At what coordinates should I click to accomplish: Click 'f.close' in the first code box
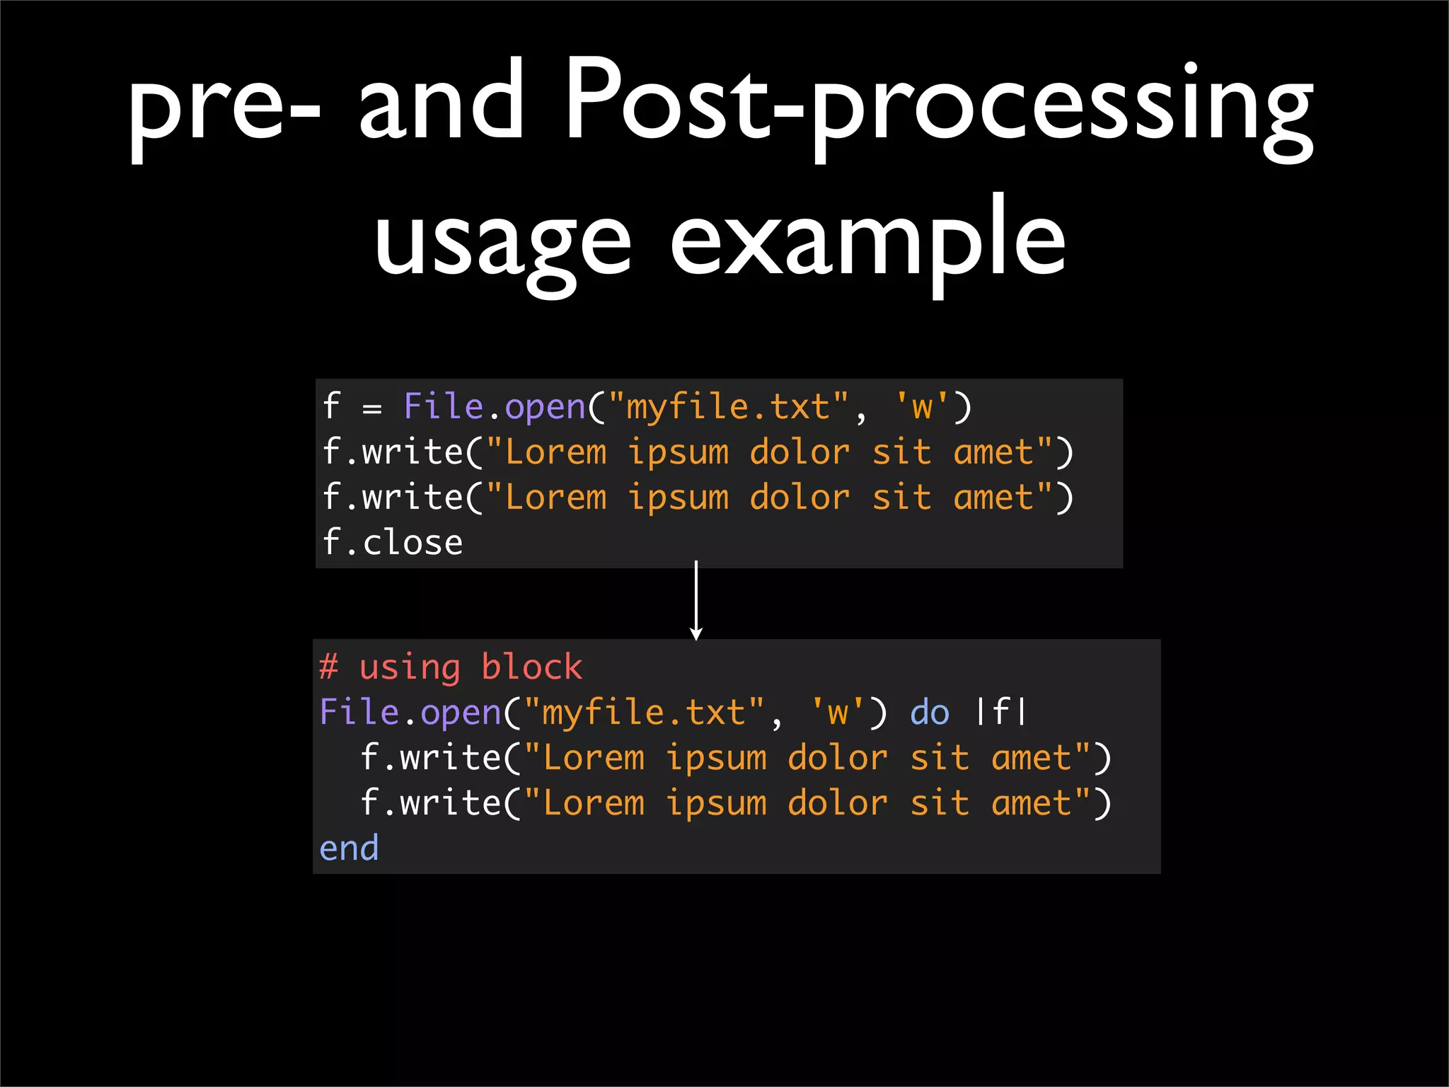[393, 543]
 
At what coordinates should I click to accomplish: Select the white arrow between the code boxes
[696, 600]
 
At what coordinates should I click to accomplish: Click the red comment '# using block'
[451, 667]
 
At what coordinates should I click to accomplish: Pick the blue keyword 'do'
[930, 712]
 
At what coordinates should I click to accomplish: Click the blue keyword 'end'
[349, 848]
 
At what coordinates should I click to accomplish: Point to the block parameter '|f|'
[1000, 712]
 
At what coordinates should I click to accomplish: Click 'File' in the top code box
[444, 407]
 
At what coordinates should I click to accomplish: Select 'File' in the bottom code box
[359, 712]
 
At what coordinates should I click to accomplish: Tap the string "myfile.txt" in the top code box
[728, 407]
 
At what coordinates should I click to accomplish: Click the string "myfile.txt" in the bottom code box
[644, 712]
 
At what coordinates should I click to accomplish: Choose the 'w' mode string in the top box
[922, 407]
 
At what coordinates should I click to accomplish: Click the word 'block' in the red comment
[532, 667]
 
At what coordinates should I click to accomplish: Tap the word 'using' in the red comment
[410, 667]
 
